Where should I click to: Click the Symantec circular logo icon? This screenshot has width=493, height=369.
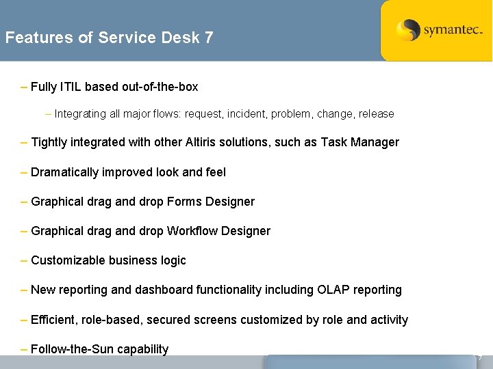click(408, 30)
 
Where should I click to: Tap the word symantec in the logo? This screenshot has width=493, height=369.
click(452, 30)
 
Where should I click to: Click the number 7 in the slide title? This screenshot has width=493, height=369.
click(209, 38)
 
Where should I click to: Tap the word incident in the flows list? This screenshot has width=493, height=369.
click(247, 114)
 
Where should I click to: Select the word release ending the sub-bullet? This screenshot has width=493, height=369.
click(375, 114)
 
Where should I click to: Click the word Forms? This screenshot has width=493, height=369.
click(183, 202)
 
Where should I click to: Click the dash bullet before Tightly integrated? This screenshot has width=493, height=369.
click(25, 142)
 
